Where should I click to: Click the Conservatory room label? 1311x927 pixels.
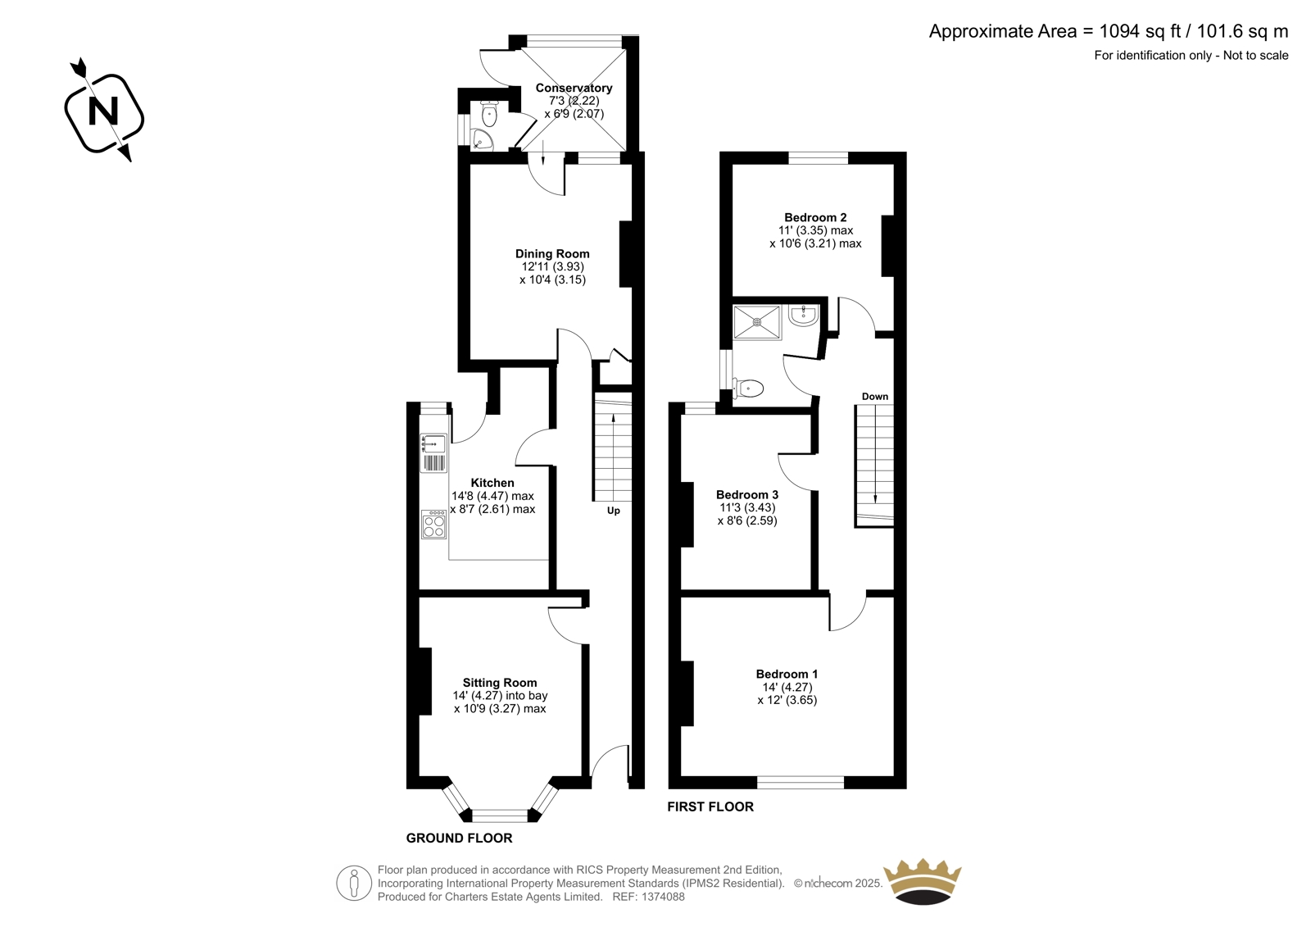(x=574, y=88)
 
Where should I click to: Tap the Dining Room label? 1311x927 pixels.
(x=552, y=253)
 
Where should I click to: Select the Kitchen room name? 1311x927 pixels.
(x=492, y=483)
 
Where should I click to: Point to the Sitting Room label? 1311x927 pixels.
(x=499, y=682)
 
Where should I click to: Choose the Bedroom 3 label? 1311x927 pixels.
(x=746, y=495)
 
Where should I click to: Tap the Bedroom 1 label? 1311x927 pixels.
(x=787, y=674)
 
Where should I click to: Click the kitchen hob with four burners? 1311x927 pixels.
(x=433, y=524)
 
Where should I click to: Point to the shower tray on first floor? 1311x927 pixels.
(x=757, y=322)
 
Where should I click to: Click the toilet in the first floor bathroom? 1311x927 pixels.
(x=748, y=388)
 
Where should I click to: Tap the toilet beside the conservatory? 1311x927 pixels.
(x=488, y=114)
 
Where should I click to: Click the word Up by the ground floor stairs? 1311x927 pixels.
(x=614, y=511)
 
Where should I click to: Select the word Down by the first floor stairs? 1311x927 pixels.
(x=875, y=397)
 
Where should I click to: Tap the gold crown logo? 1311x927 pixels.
(x=923, y=881)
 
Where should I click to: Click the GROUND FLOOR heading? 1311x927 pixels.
(x=459, y=838)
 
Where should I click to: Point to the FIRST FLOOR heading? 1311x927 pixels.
(x=710, y=807)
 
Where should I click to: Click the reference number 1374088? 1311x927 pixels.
(x=663, y=897)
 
